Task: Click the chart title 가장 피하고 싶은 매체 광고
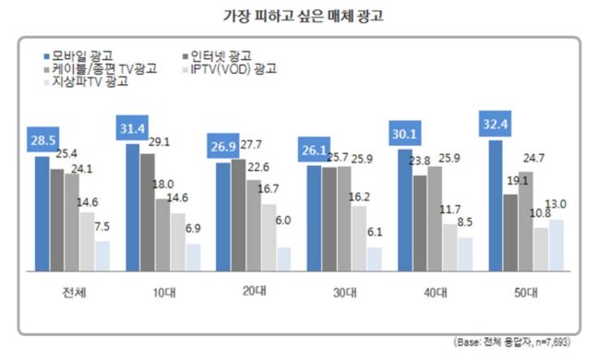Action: [x=303, y=16]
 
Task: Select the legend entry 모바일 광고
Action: [x=78, y=56]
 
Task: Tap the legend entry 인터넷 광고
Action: [x=217, y=56]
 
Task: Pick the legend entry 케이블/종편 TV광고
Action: [x=101, y=69]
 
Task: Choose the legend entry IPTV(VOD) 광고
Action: [x=230, y=69]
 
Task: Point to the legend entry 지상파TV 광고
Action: [x=86, y=81]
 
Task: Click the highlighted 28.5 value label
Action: [x=42, y=139]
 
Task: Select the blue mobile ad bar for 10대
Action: [x=132, y=208]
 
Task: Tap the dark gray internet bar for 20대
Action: [x=238, y=215]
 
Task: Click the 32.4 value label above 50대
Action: [x=495, y=124]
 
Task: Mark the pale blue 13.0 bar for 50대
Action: [x=557, y=246]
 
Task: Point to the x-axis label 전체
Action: [x=74, y=293]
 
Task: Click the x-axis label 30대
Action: [x=345, y=293]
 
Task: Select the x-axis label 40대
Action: [x=436, y=293]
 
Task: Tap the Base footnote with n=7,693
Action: [x=511, y=342]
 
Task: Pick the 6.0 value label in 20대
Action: [x=282, y=221]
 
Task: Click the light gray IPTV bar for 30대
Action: [x=359, y=239]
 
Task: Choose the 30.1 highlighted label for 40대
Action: [x=405, y=133]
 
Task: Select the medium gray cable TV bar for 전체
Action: [x=72, y=222]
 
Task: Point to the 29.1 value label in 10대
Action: [x=159, y=142]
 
